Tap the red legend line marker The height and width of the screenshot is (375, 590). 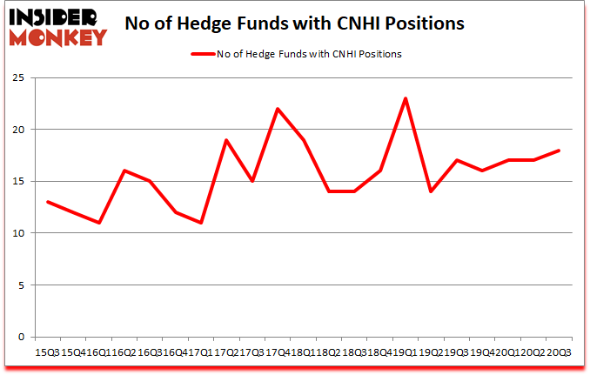[x=201, y=54]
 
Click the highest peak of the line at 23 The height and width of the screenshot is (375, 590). [x=406, y=98]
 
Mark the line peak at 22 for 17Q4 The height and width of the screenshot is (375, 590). [x=278, y=109]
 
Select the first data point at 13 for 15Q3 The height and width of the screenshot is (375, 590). [x=48, y=202]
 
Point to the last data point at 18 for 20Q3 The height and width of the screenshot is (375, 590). [x=559, y=151]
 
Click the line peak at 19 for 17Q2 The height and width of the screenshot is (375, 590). [x=226, y=140]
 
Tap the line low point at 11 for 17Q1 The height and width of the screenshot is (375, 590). [x=201, y=223]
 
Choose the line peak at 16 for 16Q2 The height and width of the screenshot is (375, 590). [x=124, y=171]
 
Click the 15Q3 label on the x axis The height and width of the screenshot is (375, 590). [x=48, y=352]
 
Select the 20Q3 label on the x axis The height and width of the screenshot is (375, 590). [x=559, y=352]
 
